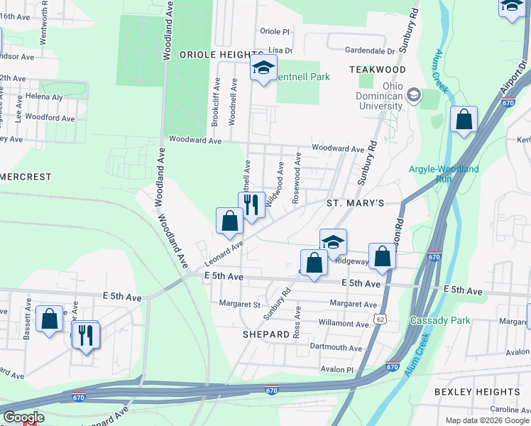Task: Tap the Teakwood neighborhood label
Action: click(x=378, y=70)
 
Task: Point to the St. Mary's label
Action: click(x=355, y=203)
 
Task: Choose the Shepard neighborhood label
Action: click(x=266, y=334)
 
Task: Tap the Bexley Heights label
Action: click(x=477, y=392)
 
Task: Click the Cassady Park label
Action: click(x=440, y=321)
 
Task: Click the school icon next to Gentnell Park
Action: click(x=263, y=69)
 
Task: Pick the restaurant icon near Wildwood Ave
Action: click(x=251, y=204)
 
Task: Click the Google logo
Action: click(x=23, y=417)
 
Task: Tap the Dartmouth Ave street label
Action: click(x=336, y=348)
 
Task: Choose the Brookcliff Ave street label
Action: click(x=216, y=107)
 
